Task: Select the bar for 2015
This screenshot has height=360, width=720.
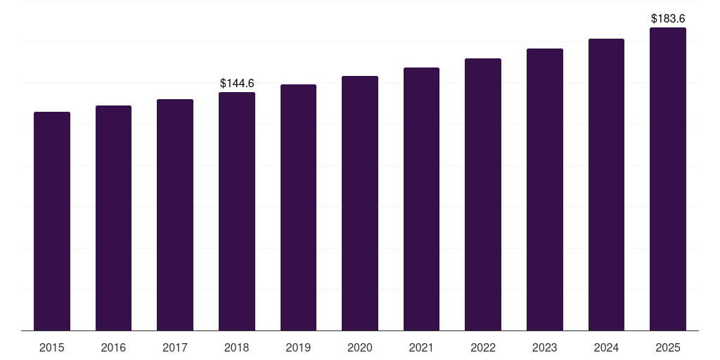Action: (x=52, y=221)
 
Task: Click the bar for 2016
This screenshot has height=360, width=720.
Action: (x=113, y=218)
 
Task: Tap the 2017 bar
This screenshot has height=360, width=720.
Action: (x=175, y=214)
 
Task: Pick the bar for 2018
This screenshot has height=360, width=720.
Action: (x=237, y=211)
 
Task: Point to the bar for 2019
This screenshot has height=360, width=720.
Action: (x=298, y=207)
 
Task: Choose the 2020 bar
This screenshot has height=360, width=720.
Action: (x=360, y=203)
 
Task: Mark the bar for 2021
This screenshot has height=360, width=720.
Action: (x=421, y=199)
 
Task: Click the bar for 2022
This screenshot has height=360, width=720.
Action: (x=483, y=194)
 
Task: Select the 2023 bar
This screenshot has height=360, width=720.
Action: (x=545, y=189)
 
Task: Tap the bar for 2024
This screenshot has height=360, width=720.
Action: (x=606, y=184)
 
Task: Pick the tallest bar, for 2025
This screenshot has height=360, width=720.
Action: (x=668, y=179)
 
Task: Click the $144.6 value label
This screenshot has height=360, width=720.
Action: (x=237, y=83)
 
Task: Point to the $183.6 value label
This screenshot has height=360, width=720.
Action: (x=668, y=18)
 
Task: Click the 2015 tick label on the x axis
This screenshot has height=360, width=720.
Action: (x=52, y=347)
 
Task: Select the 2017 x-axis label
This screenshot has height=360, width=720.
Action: (x=175, y=347)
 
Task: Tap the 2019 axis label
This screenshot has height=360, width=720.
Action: (x=298, y=347)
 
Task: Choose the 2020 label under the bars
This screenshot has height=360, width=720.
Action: (x=360, y=347)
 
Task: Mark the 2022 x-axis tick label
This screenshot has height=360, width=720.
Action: (x=483, y=347)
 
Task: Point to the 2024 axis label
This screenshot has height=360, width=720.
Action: (x=606, y=347)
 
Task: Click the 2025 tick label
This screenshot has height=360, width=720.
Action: (x=668, y=347)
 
